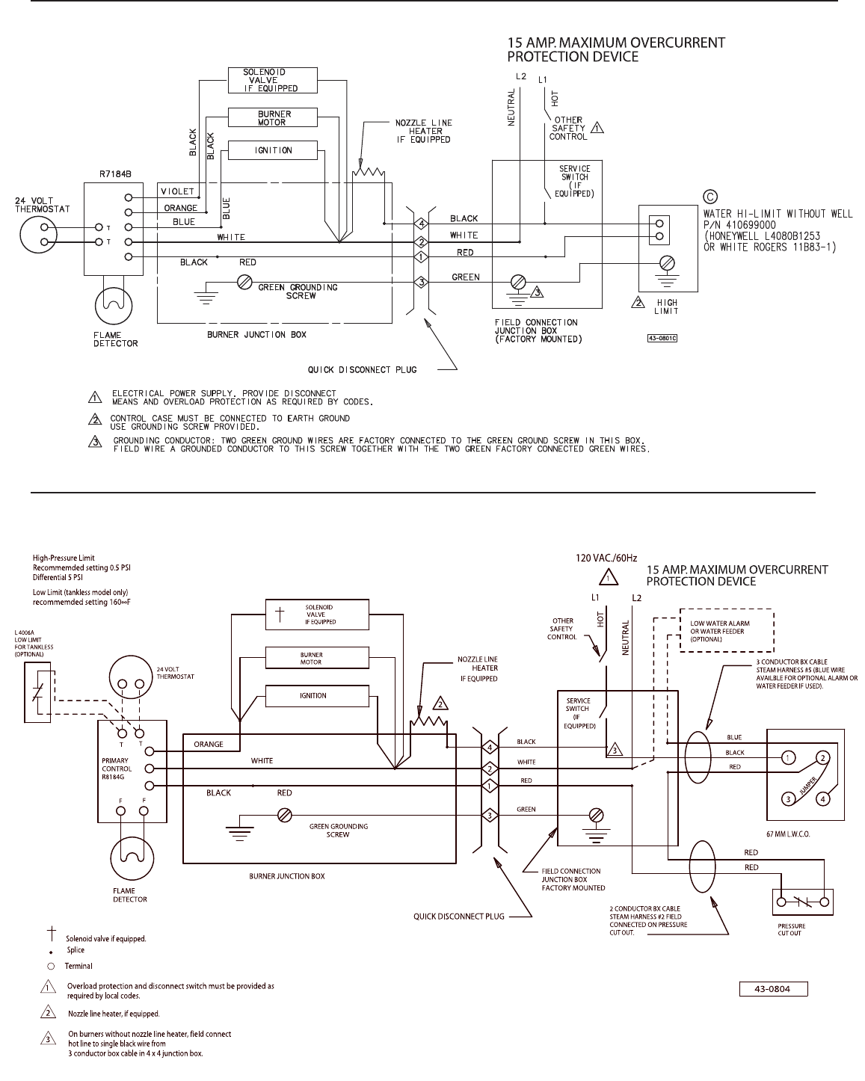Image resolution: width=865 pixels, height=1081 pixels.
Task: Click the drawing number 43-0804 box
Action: point(773,989)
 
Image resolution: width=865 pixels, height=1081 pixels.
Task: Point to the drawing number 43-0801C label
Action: point(662,339)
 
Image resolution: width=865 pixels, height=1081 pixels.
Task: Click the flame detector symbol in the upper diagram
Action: point(114,306)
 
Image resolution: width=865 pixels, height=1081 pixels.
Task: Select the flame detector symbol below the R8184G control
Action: point(132,858)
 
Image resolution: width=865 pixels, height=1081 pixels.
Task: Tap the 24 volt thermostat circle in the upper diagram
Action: point(39,235)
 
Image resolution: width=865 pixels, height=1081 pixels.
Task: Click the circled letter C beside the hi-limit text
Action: point(709,197)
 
